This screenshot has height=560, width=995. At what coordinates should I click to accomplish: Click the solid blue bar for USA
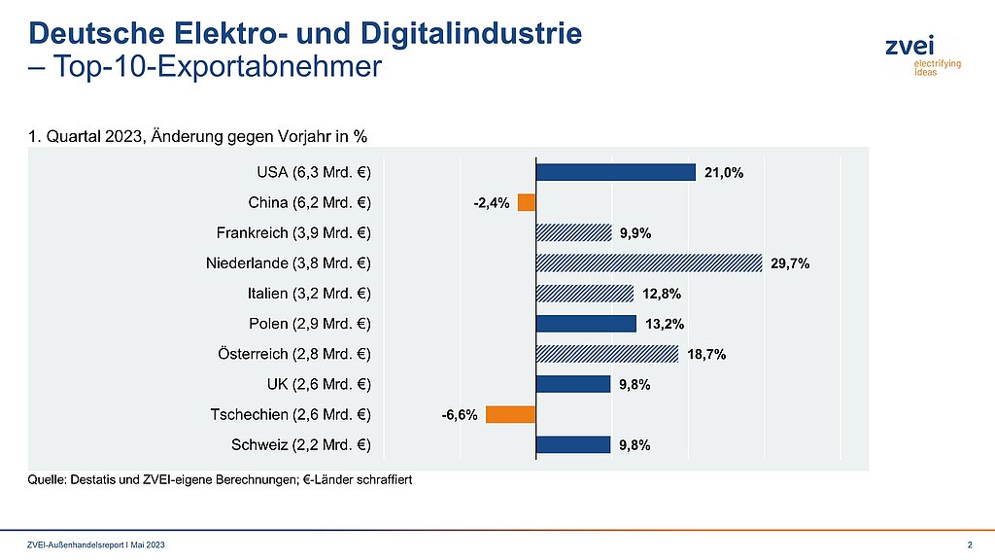click(x=615, y=172)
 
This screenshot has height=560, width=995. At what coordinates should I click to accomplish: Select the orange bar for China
click(x=527, y=202)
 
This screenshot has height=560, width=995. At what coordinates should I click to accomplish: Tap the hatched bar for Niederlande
click(x=648, y=262)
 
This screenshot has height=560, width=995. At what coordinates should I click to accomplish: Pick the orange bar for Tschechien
click(x=511, y=414)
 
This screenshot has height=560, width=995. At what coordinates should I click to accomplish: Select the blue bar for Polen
click(x=586, y=324)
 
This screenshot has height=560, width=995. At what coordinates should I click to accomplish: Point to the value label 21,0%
click(x=723, y=173)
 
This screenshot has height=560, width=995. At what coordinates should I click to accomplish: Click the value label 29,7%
click(x=790, y=263)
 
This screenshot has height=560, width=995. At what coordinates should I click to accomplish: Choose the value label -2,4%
click(x=491, y=203)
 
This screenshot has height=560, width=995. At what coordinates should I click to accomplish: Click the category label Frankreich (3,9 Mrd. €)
click(x=292, y=233)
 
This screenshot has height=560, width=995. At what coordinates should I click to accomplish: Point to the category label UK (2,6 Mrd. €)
click(x=319, y=385)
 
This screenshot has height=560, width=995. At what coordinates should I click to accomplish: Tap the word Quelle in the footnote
click(x=48, y=480)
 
